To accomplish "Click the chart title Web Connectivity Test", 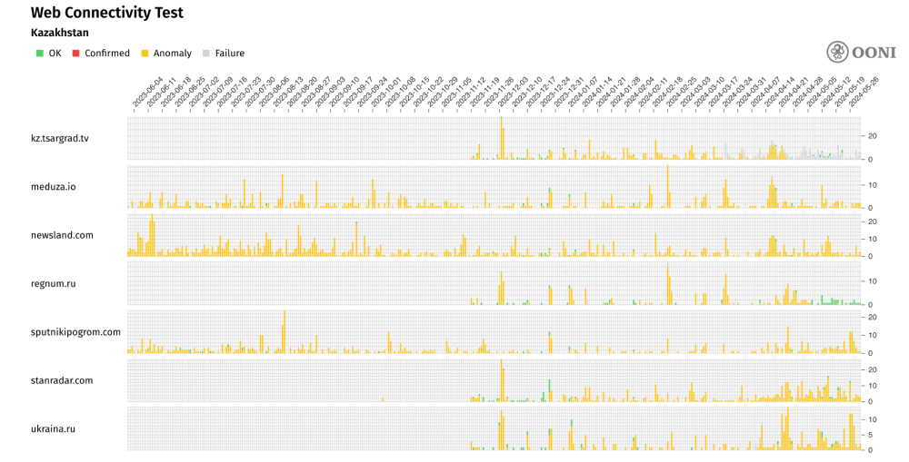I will [107, 13].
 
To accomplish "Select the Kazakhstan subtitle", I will [60, 33].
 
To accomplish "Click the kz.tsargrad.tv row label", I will [60, 139].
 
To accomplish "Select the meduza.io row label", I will [54, 187].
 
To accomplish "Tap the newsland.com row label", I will [62, 235].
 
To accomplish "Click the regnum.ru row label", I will [53, 283].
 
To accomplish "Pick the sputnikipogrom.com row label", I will [75, 332].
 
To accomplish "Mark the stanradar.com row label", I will [62, 380].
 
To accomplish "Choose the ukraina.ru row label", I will [53, 428].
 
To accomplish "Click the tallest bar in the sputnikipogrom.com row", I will [285, 332].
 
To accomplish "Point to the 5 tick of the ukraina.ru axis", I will [870, 435].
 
